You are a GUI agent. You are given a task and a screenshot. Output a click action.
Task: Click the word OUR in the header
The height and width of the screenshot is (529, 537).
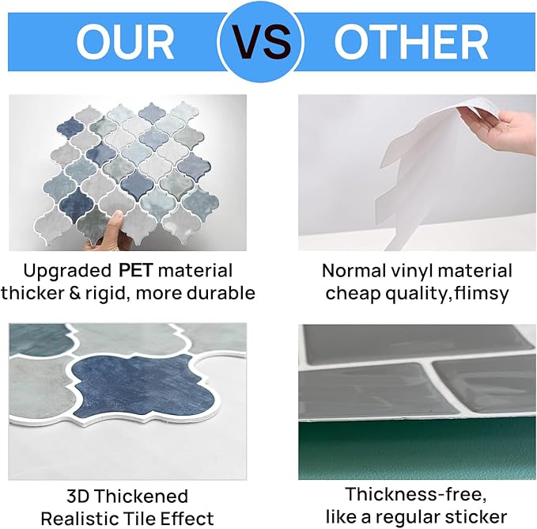125,43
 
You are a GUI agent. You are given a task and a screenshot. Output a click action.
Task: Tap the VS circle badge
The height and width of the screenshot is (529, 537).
261,41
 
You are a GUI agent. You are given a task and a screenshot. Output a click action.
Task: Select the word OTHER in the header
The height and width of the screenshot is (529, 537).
411,43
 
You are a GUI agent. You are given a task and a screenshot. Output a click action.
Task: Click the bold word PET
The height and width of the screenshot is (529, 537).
135,271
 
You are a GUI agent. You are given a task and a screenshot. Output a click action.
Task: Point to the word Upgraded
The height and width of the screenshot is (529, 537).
67,272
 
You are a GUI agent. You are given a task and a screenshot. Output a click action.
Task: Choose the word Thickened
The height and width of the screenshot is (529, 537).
142,497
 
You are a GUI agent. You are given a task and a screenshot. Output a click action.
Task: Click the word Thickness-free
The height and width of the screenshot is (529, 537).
415,495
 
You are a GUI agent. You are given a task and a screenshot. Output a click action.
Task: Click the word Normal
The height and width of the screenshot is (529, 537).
354,271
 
